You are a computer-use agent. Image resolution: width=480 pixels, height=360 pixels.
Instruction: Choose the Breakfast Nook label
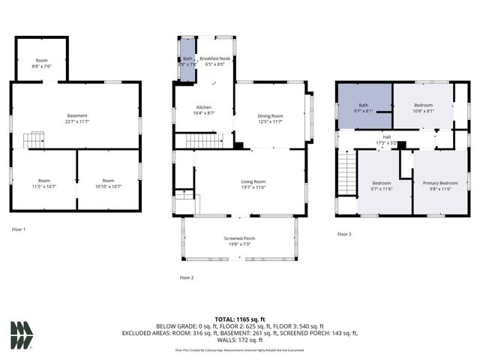(215, 61)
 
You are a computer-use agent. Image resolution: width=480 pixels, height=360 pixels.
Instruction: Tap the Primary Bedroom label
(439, 186)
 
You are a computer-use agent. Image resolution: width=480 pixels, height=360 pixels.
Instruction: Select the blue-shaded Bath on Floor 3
(364, 108)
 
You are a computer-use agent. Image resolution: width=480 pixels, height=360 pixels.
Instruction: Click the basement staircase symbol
(34, 139)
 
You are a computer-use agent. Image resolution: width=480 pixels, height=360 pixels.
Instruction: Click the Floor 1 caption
(19, 228)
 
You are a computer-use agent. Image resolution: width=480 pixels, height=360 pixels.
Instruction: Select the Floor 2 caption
(187, 277)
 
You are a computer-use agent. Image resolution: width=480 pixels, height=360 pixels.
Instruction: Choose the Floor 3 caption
(343, 235)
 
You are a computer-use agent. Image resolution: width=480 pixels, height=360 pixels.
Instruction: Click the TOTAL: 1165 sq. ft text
(239, 319)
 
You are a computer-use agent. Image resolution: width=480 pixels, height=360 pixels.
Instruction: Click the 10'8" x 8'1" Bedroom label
(422, 108)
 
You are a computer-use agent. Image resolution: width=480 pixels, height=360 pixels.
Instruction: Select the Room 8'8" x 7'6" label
(41, 63)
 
